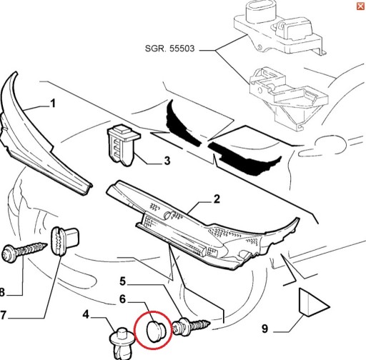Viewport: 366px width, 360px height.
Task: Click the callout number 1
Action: [53, 104]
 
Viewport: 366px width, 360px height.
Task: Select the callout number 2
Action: [217, 199]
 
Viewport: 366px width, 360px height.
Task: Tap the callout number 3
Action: [167, 161]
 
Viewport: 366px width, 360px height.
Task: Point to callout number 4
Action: [86, 314]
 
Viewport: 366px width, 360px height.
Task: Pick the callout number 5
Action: [122, 281]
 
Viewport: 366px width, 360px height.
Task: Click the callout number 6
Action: [122, 299]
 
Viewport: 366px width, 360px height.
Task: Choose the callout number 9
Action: [264, 329]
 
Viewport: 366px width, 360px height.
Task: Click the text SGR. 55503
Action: [169, 49]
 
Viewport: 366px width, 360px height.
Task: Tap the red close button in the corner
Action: [361, 6]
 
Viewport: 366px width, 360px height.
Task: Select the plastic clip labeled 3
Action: [123, 145]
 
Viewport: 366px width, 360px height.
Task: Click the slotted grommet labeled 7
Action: [64, 241]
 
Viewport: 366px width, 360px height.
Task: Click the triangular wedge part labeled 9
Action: [312, 303]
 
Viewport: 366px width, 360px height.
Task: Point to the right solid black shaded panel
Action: [245, 159]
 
